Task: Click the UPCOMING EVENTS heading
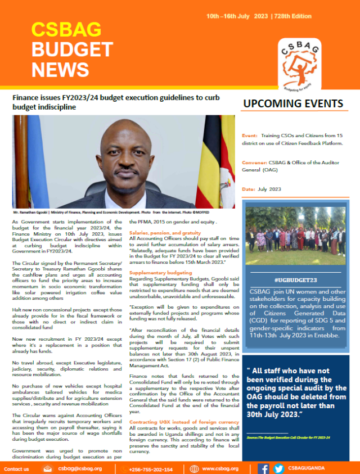(292, 104)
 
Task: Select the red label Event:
(250, 136)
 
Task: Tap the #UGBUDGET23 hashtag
(292, 279)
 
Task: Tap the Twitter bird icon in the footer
(278, 468)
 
